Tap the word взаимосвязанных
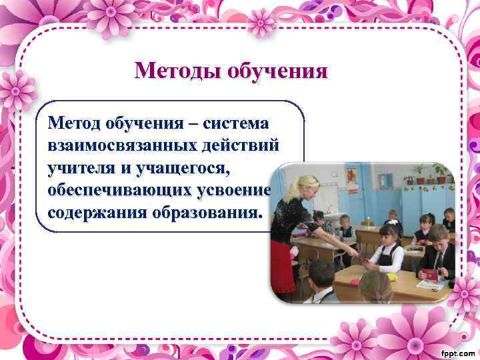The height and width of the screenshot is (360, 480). click(x=117, y=145)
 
